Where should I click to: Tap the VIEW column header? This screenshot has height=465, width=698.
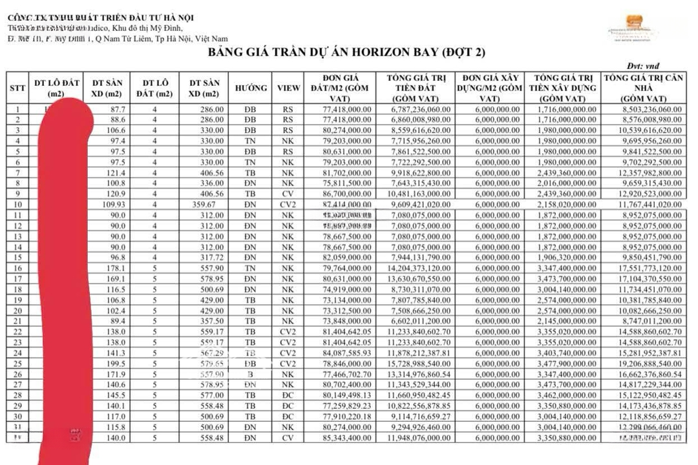click(x=288, y=88)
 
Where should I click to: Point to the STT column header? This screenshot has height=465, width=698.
click(x=17, y=88)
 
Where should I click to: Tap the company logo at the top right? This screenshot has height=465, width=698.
click(x=633, y=29)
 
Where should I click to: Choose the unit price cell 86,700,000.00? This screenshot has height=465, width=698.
click(x=347, y=194)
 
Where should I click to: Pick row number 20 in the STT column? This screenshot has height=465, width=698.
click(x=17, y=311)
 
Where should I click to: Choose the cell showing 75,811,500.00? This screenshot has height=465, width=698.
click(x=347, y=183)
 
